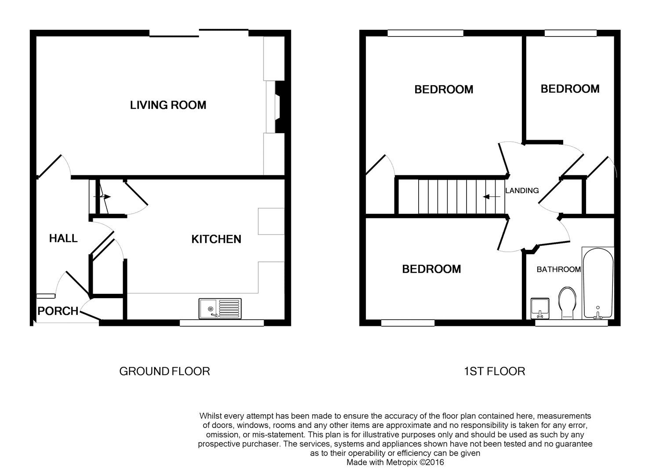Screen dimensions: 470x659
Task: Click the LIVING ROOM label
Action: pyautogui.click(x=168, y=105)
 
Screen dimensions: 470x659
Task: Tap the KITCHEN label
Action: pyautogui.click(x=216, y=239)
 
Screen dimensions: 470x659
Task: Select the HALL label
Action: pyautogui.click(x=63, y=239)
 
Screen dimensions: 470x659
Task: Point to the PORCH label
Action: pyautogui.click(x=58, y=311)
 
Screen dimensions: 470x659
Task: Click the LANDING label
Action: pyautogui.click(x=522, y=191)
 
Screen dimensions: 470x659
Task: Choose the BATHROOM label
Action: pyautogui.click(x=558, y=269)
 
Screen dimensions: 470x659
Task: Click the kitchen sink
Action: pyautogui.click(x=220, y=308)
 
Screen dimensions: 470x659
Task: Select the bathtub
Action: pyautogui.click(x=597, y=283)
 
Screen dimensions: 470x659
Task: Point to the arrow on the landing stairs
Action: pyautogui.click(x=491, y=197)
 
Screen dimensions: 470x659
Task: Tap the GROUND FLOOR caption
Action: pyautogui.click(x=164, y=371)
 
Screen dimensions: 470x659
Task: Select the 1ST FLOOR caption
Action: pyautogui.click(x=494, y=372)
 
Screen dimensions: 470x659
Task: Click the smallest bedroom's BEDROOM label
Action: pyautogui.click(x=570, y=89)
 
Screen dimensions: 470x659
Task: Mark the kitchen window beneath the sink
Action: pyautogui.click(x=222, y=323)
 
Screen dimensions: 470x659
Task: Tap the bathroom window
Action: pyautogui.click(x=571, y=323)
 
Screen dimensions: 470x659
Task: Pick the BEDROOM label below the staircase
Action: pyautogui.click(x=431, y=269)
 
